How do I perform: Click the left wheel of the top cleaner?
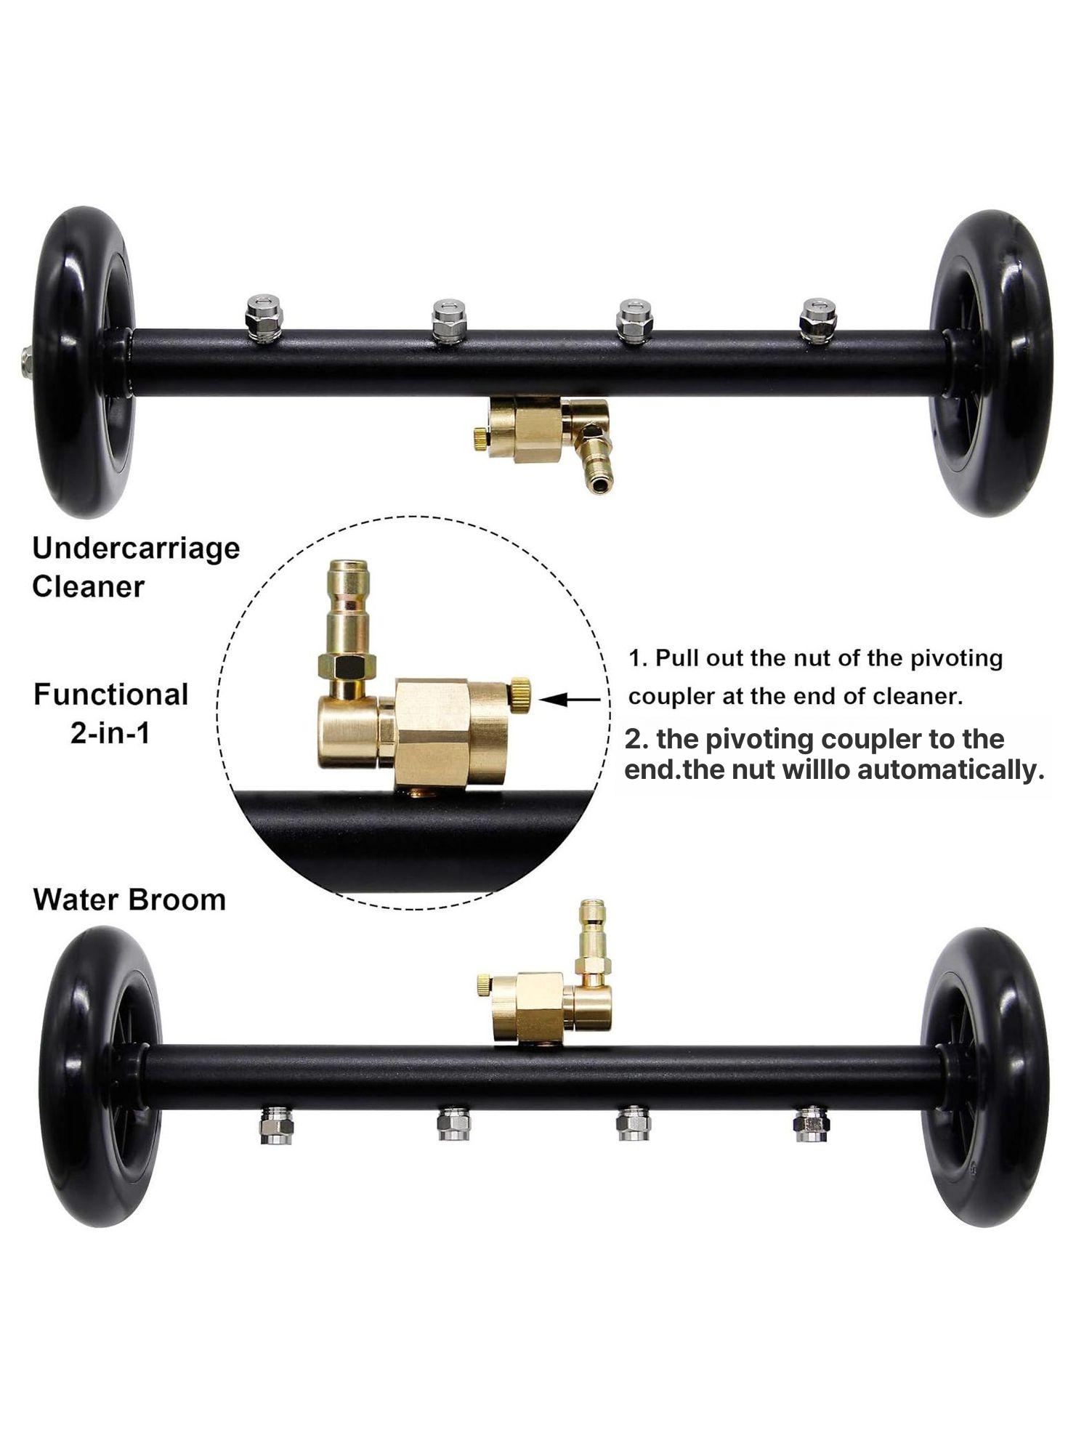pos(84,362)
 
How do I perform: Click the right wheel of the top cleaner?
pos(992,363)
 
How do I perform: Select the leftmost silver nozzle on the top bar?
pos(264,318)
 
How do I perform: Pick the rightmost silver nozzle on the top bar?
pos(818,320)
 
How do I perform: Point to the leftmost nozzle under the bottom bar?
pos(276,1125)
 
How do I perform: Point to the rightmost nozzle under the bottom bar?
pos(812,1123)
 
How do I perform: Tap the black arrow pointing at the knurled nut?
pos(570,700)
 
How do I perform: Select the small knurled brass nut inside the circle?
pos(519,695)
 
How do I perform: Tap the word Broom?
pos(179,900)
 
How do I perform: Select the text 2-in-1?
pos(110,733)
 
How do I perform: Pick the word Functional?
pos(111,695)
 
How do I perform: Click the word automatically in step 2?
pos(950,770)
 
